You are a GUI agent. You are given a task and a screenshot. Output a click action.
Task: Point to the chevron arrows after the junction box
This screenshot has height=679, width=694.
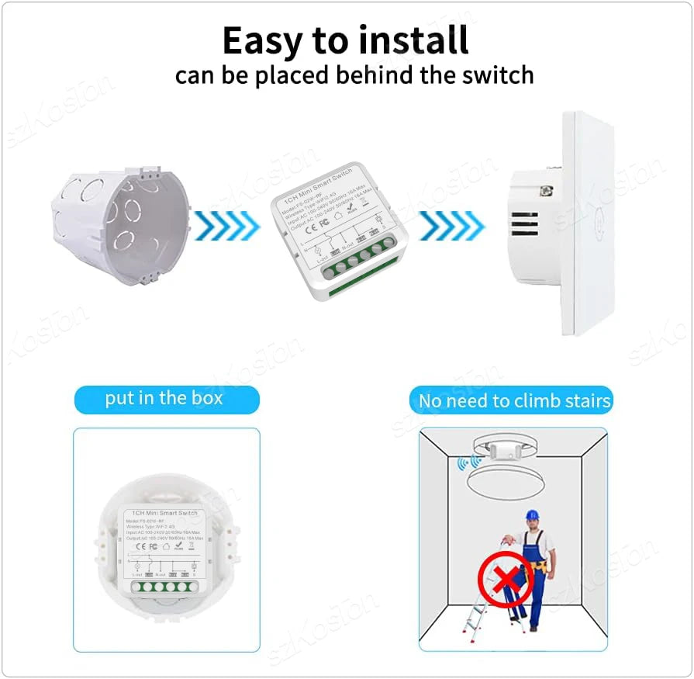(226, 225)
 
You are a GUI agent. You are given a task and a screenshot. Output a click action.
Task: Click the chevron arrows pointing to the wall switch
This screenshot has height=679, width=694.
(451, 225)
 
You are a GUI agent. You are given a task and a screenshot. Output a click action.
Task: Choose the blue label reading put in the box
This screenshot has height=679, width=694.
(164, 399)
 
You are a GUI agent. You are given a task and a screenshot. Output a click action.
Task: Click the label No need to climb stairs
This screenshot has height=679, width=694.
(515, 401)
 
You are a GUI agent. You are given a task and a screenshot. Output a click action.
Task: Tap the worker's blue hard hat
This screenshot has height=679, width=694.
(531, 516)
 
